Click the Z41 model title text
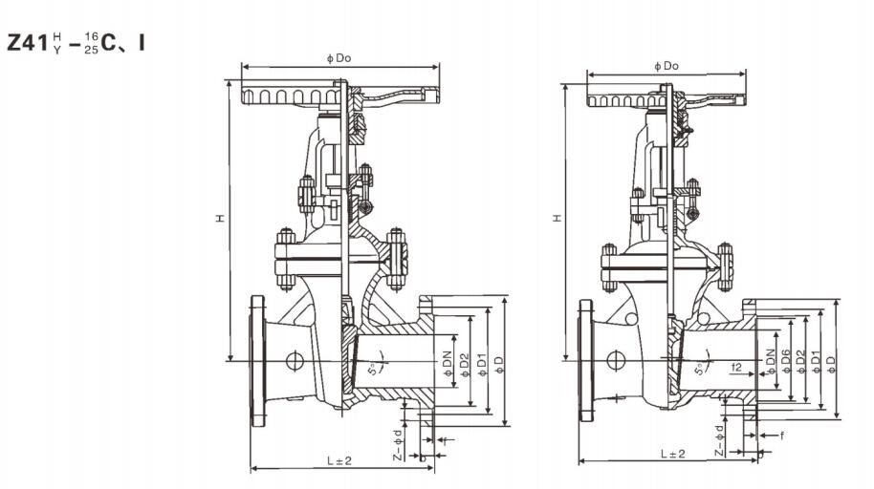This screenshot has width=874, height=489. pos(76,43)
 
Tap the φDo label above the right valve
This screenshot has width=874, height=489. pos(666,66)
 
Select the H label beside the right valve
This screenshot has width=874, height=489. pos(558,219)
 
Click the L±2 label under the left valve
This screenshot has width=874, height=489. pos(339,460)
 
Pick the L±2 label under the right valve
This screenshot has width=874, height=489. pos(672,454)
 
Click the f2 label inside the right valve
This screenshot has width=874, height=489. pos(737,367)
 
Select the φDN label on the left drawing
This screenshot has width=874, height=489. pos(447,362)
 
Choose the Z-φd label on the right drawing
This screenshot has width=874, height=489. pos(722,435)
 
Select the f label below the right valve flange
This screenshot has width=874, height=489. pos(781,435)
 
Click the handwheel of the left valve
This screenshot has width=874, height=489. pos(296,96)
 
